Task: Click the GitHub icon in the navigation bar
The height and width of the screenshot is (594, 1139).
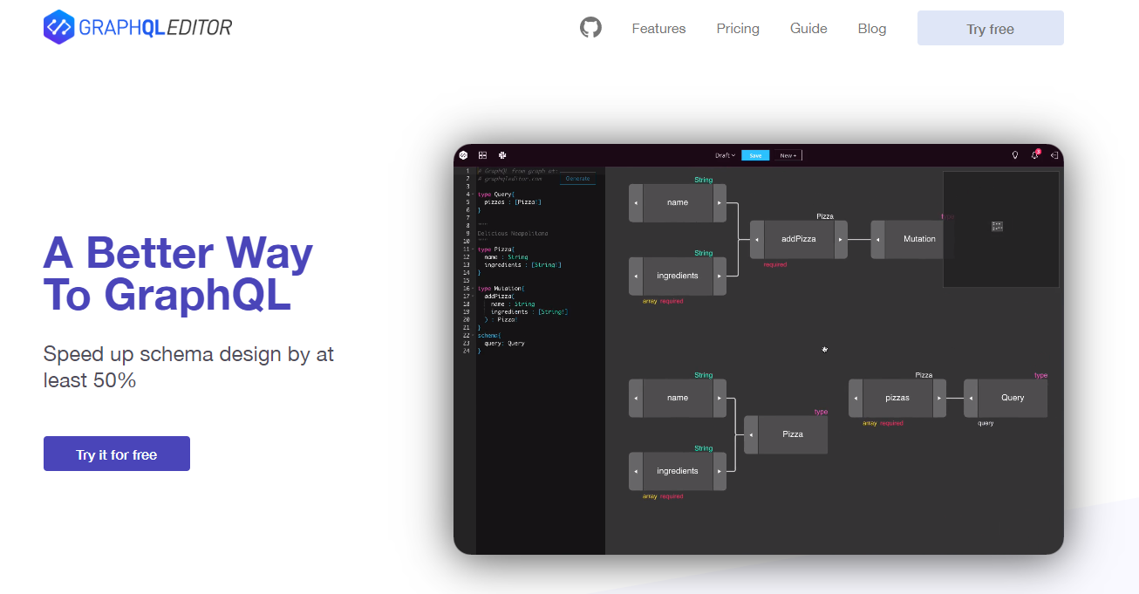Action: [x=590, y=28]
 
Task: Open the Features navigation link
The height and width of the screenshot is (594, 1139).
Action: [x=658, y=29]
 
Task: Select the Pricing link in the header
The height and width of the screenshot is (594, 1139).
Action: [x=738, y=29]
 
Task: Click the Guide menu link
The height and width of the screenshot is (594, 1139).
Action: [x=808, y=29]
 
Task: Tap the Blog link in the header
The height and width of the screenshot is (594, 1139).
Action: [x=871, y=29]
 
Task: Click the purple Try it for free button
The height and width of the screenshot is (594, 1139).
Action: [x=117, y=454]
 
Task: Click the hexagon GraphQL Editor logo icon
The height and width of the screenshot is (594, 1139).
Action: [x=58, y=27]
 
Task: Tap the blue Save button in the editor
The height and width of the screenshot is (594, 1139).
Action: [x=755, y=155]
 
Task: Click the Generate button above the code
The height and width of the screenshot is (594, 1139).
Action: [x=577, y=179]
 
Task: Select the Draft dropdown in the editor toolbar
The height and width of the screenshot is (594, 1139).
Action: [x=725, y=155]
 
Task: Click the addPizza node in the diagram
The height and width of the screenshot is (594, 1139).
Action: [x=798, y=239]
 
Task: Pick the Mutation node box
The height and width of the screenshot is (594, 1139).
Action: [x=918, y=239]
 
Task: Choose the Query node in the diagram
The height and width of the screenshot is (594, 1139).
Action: [x=1012, y=398]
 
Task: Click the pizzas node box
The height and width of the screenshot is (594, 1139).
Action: [x=897, y=398]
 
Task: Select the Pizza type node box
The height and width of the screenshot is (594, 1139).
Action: [x=792, y=434]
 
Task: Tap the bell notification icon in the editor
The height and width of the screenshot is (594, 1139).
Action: [x=1035, y=155]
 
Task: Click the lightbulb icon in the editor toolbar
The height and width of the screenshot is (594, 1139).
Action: [x=1015, y=155]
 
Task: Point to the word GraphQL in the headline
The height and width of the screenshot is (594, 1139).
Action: [x=197, y=296]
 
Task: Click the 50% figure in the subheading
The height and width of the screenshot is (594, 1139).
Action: [x=114, y=380]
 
